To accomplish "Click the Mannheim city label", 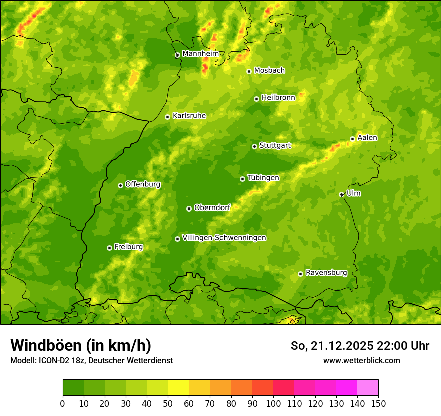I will point(200,54).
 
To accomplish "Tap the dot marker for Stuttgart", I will point(254,146).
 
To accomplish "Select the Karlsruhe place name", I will point(189,116).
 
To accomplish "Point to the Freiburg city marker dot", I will point(109,248).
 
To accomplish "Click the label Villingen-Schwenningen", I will point(224,238).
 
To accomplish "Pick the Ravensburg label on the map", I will point(326,273).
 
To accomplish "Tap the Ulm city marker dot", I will point(341,194).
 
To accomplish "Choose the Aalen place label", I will point(367,138).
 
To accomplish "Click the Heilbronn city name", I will point(278,98).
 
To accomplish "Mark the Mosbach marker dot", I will point(249,71).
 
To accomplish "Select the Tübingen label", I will point(263,178).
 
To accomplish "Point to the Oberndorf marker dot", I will point(189,209).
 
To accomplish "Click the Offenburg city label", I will point(143,184).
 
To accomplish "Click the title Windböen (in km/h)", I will point(81,345).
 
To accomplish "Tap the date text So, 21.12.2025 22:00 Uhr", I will point(360,346).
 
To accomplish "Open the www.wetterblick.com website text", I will point(361,360).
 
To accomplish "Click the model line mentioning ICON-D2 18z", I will point(91,360).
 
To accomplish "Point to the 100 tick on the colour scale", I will point(273,403).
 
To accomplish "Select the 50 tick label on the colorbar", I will point(168,403).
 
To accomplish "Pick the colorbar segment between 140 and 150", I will point(368,388).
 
